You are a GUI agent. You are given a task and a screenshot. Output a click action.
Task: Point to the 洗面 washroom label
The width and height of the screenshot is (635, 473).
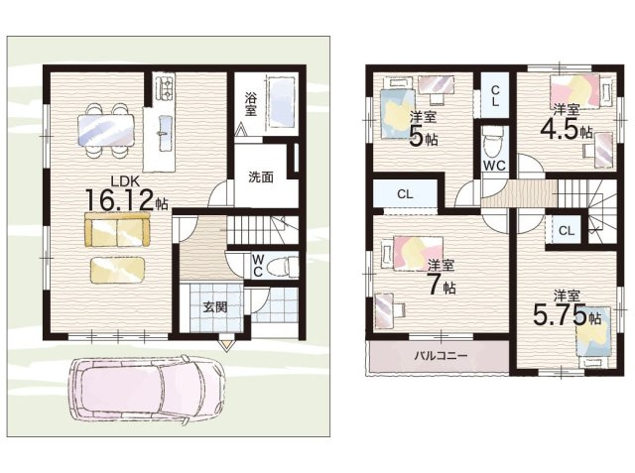click(260, 177)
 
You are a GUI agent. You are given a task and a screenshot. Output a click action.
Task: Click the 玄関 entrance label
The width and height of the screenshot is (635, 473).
click(215, 306)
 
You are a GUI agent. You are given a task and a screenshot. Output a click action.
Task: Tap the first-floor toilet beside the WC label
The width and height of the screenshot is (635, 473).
click(282, 266)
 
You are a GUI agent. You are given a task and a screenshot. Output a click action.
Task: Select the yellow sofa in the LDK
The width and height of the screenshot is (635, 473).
click(116, 232)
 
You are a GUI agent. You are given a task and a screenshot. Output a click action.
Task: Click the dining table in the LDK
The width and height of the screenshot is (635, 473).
click(104, 127)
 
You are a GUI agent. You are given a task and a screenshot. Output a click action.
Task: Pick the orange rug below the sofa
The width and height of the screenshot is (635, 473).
click(117, 270)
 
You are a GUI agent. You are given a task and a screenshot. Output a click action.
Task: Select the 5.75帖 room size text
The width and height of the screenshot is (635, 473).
click(567, 316)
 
